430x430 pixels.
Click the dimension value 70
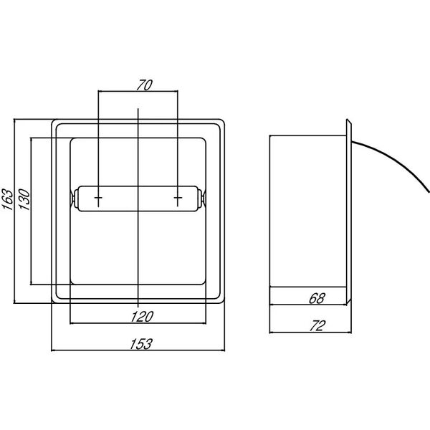click(144, 85)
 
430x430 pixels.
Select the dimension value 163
click(8, 199)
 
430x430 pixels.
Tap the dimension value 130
click(24, 199)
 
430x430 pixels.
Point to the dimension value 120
click(142, 317)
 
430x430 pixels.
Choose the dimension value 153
click(140, 344)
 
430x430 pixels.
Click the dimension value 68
click(317, 298)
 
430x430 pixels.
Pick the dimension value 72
click(317, 326)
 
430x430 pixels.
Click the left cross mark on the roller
click(98, 198)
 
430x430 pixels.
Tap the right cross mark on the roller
click(178, 198)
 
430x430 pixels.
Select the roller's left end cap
click(73, 198)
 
